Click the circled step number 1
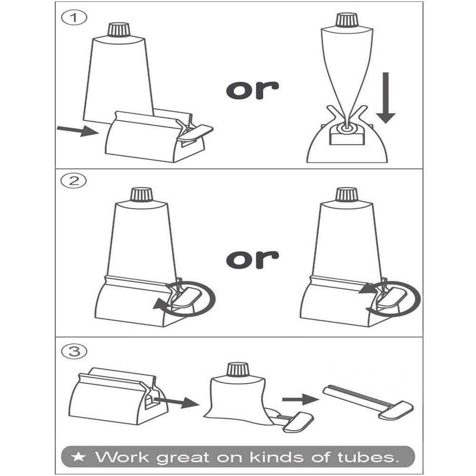(x=74, y=18)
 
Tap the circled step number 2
(x=73, y=181)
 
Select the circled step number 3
(x=74, y=352)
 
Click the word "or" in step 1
(x=253, y=90)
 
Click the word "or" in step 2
(x=253, y=259)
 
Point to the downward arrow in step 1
(x=386, y=98)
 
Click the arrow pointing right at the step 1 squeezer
(x=78, y=131)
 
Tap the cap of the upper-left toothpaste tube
(x=119, y=30)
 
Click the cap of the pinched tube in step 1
(x=347, y=20)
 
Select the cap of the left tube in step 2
(x=141, y=195)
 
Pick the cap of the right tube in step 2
(x=347, y=194)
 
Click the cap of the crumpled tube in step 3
(x=238, y=369)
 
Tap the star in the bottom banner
(x=79, y=456)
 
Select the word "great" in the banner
(x=183, y=458)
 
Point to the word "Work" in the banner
(x=122, y=456)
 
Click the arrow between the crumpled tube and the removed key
(x=300, y=399)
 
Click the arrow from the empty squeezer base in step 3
(x=177, y=402)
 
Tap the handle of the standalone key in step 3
(x=396, y=410)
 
